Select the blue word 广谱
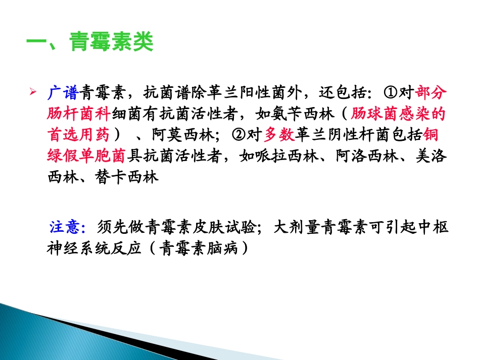(63, 93)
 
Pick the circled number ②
(239, 135)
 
